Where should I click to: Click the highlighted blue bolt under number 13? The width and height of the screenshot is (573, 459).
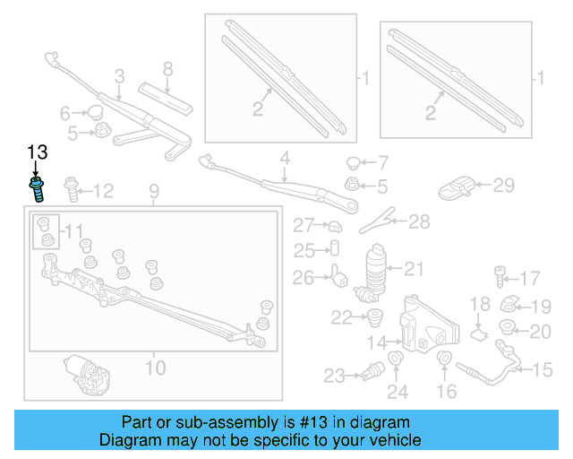37,190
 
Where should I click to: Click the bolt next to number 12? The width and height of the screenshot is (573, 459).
72,188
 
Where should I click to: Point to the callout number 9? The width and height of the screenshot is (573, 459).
153,191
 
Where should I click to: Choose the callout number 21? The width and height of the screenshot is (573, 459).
413,267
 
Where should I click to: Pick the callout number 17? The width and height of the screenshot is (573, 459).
531,278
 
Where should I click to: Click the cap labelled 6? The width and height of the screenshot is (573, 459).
93,112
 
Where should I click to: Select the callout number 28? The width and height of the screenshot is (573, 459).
419,221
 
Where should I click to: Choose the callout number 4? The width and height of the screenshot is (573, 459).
285,160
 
